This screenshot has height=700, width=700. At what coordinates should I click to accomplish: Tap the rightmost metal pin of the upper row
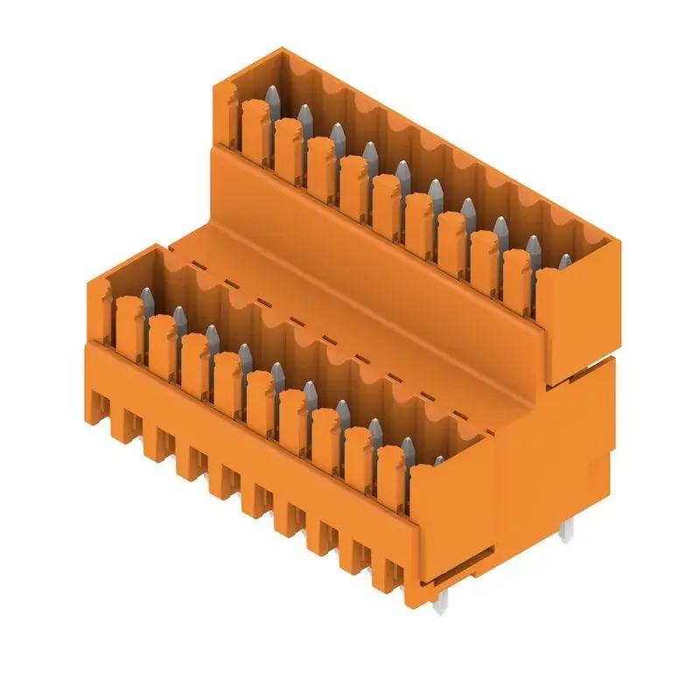pyautogui.click(x=564, y=262)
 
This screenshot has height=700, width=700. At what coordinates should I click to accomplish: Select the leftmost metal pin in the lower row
pyautogui.click(x=146, y=295)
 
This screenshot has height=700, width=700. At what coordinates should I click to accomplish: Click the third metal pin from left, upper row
pyautogui.click(x=337, y=133)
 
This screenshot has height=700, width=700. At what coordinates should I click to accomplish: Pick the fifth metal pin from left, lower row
pyautogui.click(x=277, y=374)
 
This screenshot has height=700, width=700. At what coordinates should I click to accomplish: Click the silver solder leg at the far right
pyautogui.click(x=568, y=528)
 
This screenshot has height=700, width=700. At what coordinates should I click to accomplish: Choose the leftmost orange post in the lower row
pyautogui.click(x=129, y=322)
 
